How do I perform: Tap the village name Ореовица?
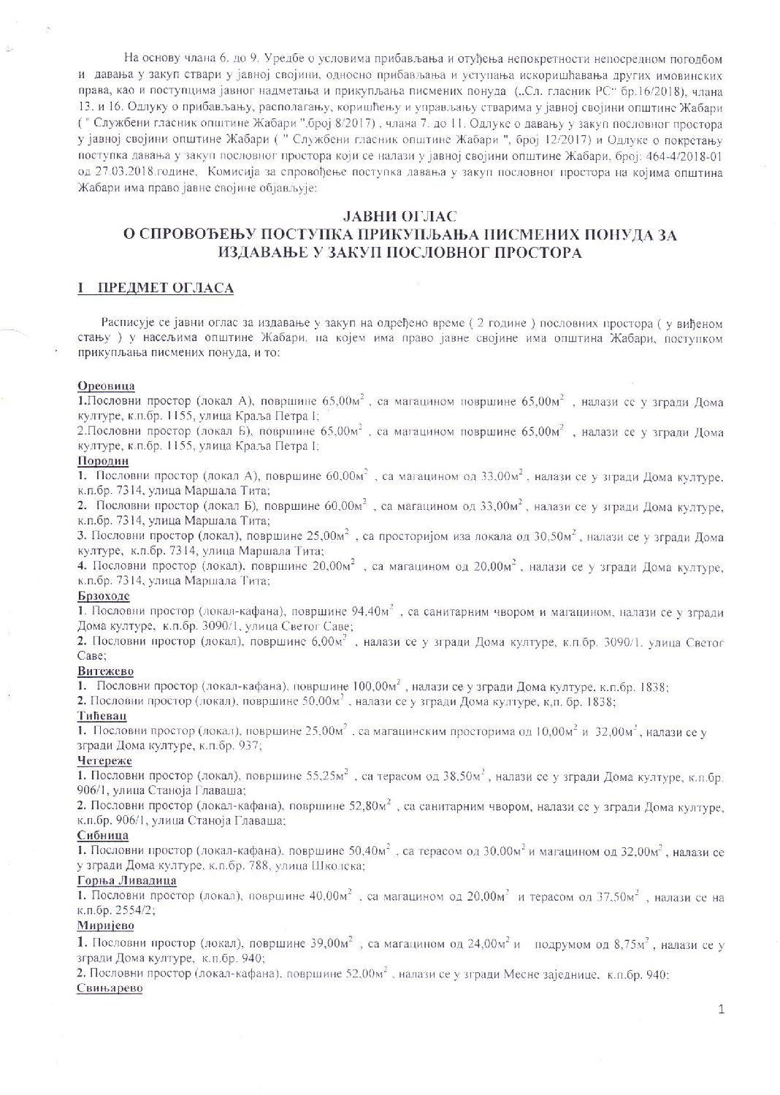106,386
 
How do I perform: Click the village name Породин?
103,461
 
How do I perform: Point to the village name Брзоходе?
104,596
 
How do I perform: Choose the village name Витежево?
105,671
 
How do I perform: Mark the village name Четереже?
104,761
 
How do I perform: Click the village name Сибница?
102,836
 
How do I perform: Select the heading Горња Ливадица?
126,881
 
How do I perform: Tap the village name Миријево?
104,926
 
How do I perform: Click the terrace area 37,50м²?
615,896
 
